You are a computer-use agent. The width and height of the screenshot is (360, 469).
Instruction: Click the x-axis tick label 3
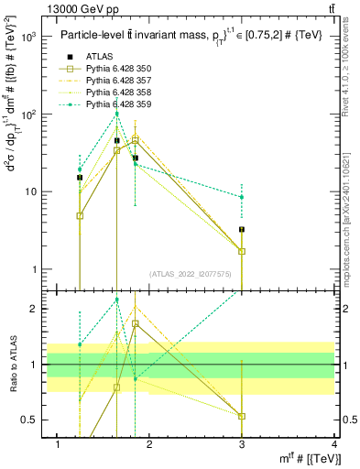pos(241,444)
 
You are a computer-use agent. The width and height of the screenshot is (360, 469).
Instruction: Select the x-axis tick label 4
pos(333,444)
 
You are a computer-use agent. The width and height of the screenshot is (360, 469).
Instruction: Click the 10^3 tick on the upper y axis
pos(29,38)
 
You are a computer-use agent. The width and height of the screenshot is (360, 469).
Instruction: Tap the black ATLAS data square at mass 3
pos(242,229)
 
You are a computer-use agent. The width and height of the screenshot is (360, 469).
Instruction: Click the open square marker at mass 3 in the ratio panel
pos(242,416)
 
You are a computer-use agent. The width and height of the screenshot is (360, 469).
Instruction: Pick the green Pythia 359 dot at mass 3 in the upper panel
pos(242,197)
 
